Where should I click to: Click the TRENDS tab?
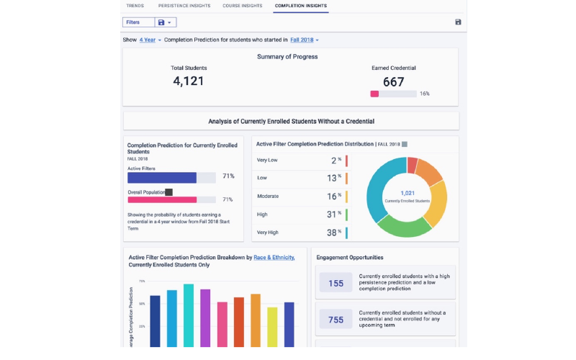(x=135, y=6)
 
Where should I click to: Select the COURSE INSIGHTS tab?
(x=242, y=6)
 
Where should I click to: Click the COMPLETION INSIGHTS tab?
(x=300, y=6)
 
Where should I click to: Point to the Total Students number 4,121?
(x=189, y=81)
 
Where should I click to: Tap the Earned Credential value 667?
(x=393, y=82)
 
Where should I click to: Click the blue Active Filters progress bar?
(x=162, y=177)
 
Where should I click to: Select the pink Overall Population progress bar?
(x=162, y=199)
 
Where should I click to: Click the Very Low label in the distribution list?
(x=267, y=161)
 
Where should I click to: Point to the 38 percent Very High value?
(x=332, y=233)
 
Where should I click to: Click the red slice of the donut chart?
(x=412, y=166)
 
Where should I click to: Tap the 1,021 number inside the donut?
(x=407, y=193)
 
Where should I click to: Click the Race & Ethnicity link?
(x=274, y=257)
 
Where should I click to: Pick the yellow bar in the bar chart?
(x=272, y=327)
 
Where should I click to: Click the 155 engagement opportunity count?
(x=336, y=283)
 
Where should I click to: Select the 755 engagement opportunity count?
(x=336, y=320)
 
